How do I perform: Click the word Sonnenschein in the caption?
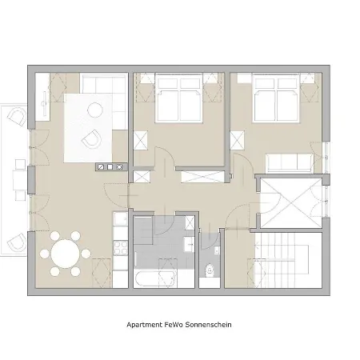pyautogui.click(x=208, y=325)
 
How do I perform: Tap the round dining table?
pyautogui.click(x=65, y=254)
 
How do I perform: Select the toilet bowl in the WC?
pyautogui.click(x=210, y=270)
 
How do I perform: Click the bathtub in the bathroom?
pyautogui.click(x=155, y=278)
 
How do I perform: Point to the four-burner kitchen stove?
pyautogui.click(x=121, y=248)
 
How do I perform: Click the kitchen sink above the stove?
pyautogui.click(x=121, y=219)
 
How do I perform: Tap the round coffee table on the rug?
pyautogui.click(x=95, y=110)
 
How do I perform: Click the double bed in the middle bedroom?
pyautogui.click(x=179, y=98)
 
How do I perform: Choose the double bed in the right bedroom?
pyautogui.click(x=276, y=98)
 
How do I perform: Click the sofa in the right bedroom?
pyautogui.click(x=290, y=163)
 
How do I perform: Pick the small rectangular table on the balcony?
pyautogui.click(x=20, y=180)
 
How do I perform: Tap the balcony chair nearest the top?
pyautogui.click(x=18, y=117)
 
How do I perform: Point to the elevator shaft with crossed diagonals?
pyautogui.click(x=291, y=203)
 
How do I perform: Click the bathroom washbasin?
pyautogui.click(x=189, y=244)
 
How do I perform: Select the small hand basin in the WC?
pyautogui.click(x=217, y=250)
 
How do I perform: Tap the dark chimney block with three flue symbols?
pyautogui.click(x=111, y=167)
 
